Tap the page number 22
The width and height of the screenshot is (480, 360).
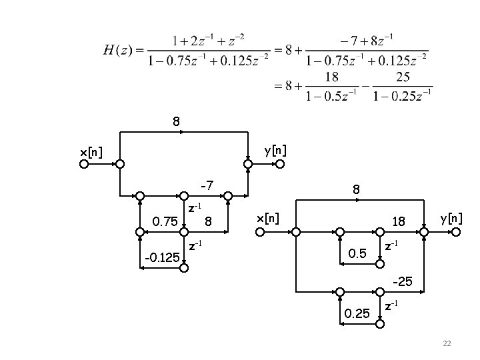coord(447,343)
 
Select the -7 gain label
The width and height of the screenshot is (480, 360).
coord(207,184)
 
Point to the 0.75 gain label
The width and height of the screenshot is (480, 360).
coord(165,221)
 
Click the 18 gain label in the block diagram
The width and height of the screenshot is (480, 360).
coord(399,221)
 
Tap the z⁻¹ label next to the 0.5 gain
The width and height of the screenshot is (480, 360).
coord(392,246)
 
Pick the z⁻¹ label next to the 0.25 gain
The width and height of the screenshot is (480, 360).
coord(392,306)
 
